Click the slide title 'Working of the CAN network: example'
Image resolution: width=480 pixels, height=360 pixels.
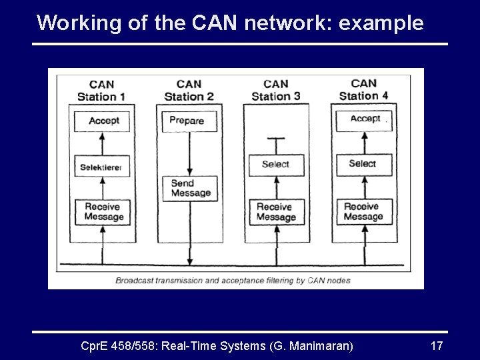point(230,23)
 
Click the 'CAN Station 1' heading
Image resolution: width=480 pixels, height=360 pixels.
point(101,91)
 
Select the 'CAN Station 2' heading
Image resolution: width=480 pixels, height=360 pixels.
point(189,91)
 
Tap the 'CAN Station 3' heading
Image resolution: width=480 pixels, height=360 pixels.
point(275,90)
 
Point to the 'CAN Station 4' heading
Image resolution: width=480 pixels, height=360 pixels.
point(363,89)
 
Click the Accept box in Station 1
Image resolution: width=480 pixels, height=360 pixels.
point(103,121)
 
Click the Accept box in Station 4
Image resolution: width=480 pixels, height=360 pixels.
point(364,119)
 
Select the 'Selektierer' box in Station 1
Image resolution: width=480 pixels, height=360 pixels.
point(102,167)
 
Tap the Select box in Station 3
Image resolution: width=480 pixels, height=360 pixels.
point(275,165)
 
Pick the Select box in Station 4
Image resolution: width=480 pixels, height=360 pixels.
point(363,164)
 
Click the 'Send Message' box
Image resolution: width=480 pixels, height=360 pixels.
point(190,189)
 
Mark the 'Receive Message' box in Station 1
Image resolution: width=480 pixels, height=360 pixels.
point(103,212)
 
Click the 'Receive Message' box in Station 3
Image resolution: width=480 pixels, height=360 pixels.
point(275,212)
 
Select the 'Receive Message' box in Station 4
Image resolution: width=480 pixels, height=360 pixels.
point(363,212)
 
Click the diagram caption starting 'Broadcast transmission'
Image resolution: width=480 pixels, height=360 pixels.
point(233,281)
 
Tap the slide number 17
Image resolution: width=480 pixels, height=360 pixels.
point(437,345)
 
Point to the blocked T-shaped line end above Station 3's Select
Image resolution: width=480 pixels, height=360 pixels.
point(275,139)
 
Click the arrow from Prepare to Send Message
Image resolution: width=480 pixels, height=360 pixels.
point(190,153)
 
